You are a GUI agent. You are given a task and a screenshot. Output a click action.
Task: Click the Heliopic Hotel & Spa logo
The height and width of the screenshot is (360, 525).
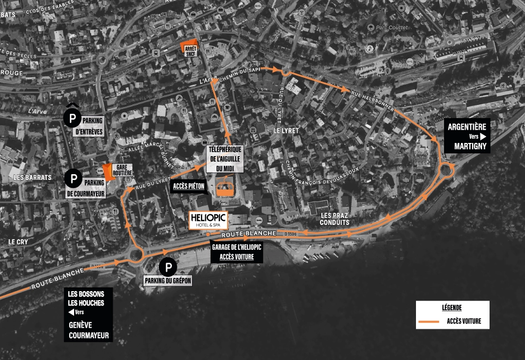[x=209, y=221]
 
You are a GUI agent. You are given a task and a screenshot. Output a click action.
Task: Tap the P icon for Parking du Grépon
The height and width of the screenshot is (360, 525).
[x=168, y=266]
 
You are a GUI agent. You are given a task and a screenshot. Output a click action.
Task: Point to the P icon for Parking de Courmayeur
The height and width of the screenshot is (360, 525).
[x=74, y=178]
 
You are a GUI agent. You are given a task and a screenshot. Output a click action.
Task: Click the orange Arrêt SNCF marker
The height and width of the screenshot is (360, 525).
[x=189, y=48]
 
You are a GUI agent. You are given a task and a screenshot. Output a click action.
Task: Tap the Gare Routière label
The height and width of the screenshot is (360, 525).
[x=122, y=170]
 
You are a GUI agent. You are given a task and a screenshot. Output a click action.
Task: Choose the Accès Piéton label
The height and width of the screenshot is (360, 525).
[x=189, y=186]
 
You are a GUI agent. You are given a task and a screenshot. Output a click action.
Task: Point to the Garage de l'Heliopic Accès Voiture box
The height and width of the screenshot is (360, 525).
[x=237, y=252]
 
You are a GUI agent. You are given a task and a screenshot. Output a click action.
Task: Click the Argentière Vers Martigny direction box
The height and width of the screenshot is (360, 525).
[x=468, y=136]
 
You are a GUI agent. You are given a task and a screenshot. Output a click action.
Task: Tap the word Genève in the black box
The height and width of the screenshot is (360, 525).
[x=80, y=326]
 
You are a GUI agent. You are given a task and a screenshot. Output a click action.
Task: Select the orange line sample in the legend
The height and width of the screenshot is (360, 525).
[x=429, y=321]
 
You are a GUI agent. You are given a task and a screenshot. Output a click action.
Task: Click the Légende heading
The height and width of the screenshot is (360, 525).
[x=451, y=308]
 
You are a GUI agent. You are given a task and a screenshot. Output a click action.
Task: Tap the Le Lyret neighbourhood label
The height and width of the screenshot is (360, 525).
[x=286, y=130]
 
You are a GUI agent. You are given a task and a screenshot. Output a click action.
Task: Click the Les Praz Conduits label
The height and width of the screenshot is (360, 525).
[x=335, y=219]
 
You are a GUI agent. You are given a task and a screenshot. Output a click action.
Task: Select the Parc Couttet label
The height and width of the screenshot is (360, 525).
[x=390, y=27]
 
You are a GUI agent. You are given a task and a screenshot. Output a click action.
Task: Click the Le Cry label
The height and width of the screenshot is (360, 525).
[x=18, y=241]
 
